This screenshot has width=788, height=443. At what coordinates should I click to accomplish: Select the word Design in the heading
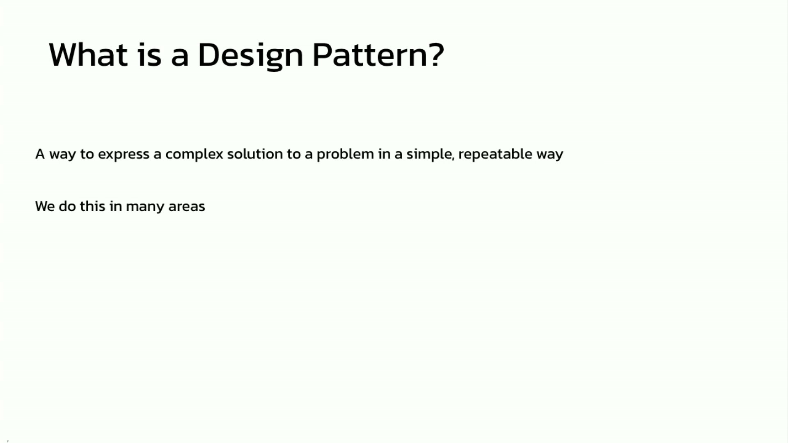point(250,56)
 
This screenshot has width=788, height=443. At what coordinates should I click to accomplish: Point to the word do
point(67,206)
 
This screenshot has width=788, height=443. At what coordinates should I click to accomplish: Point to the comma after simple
point(454,159)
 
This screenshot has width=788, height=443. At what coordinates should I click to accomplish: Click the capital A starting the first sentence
point(40,154)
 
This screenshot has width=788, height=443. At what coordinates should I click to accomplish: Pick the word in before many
point(116,206)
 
